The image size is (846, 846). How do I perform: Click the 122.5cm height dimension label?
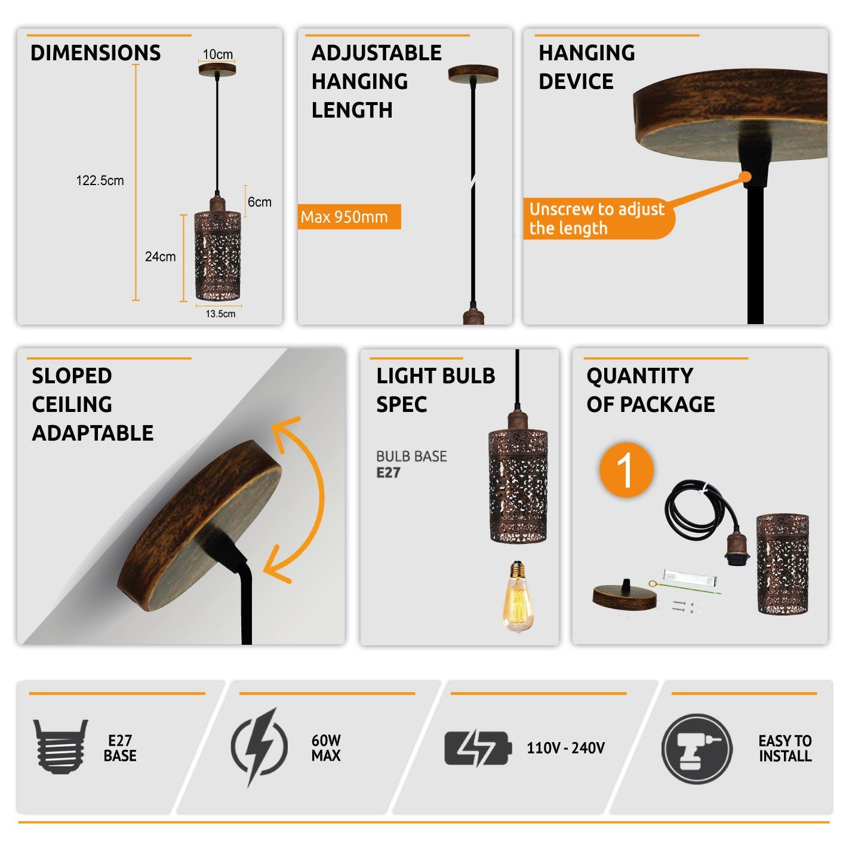coord(100,180)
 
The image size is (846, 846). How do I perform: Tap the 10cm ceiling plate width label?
coord(217,54)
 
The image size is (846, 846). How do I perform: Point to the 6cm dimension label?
coord(260,202)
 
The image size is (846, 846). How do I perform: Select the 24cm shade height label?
coord(160,256)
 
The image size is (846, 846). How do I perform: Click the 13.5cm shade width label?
coord(220,313)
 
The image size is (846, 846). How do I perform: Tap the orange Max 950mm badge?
coord(349,217)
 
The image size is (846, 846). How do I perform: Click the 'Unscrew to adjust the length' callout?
coord(598,219)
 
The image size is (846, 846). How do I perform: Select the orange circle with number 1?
coord(626,469)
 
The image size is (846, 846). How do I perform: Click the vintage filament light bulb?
coord(518,596)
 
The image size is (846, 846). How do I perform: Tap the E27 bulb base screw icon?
coord(60,746)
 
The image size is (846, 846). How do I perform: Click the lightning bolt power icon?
coord(260,746)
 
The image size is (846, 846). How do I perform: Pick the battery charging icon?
coord(478,747)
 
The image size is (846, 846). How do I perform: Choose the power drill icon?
coord(697,749)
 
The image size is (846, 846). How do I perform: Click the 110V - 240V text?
coord(565,747)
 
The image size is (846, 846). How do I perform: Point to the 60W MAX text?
coord(326,747)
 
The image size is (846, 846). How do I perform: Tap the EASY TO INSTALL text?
coord(785,748)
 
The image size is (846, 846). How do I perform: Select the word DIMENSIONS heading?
coord(96,53)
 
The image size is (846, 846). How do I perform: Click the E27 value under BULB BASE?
coord(388,472)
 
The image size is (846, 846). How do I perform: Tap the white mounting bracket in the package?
coord(690,577)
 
